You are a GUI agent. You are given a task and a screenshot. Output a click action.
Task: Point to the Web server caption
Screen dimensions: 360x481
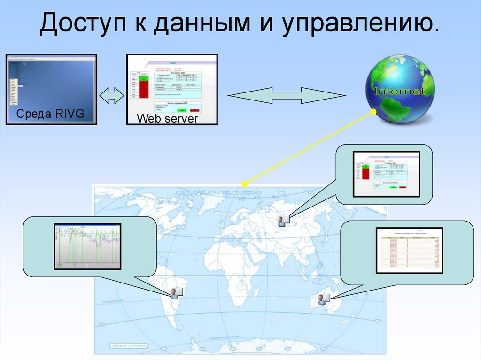(x=167, y=119)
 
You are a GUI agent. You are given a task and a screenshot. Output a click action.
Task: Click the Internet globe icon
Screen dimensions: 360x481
(x=400, y=89)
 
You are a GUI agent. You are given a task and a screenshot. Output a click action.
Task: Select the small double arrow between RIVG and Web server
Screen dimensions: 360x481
(x=112, y=95)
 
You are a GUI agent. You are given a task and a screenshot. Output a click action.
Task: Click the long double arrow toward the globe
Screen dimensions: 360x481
(x=286, y=95)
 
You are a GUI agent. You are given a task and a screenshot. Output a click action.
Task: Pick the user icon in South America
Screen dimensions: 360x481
(x=176, y=293)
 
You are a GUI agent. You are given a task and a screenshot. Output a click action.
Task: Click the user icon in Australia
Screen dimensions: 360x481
(x=323, y=298)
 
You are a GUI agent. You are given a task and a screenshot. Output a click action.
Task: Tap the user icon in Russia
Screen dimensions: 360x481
(x=283, y=220)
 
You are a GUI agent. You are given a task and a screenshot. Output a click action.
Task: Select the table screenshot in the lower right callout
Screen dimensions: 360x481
(x=410, y=250)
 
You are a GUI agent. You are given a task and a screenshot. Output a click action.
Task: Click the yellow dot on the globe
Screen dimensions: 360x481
(x=373, y=112)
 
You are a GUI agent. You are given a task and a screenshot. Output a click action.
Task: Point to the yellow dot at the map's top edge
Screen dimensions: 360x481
(x=244, y=184)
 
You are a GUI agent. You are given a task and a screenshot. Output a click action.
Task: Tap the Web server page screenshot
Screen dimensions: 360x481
(x=172, y=84)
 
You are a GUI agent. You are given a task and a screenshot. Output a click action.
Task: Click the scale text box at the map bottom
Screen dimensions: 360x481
(x=129, y=346)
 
